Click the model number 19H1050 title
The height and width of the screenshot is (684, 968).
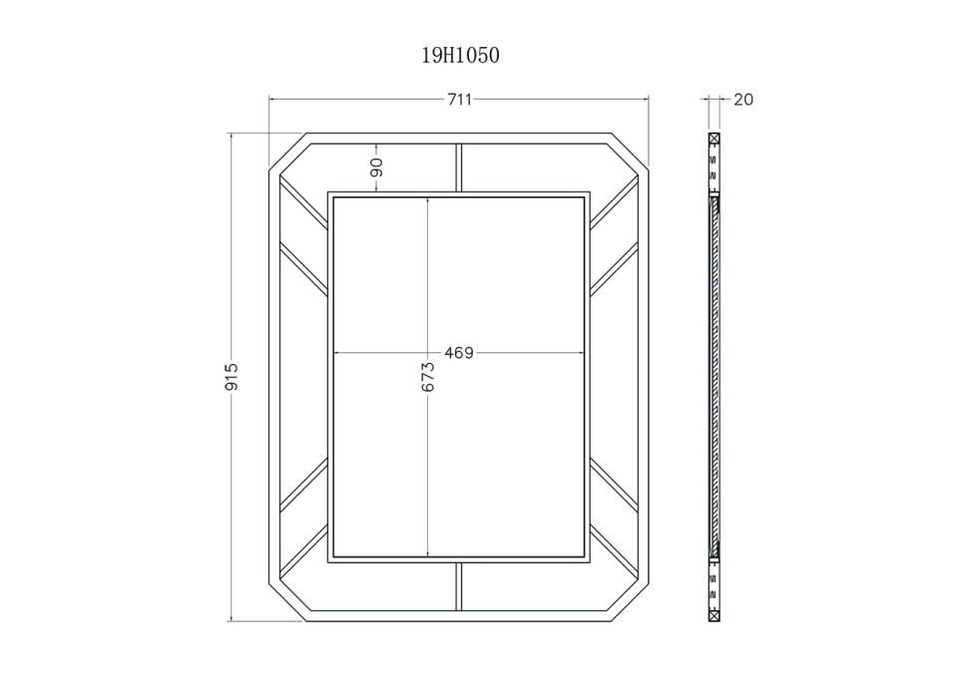pyautogui.click(x=460, y=56)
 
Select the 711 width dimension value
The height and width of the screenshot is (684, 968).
pyautogui.click(x=459, y=100)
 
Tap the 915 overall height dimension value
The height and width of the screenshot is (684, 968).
pyautogui.click(x=232, y=376)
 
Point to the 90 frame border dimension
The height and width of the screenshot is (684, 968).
pyautogui.click(x=376, y=168)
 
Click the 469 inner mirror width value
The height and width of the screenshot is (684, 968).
pyautogui.click(x=459, y=353)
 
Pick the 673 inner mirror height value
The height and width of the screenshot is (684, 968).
pyautogui.click(x=428, y=378)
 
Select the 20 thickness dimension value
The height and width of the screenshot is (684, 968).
pyautogui.click(x=743, y=100)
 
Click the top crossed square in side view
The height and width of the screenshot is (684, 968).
pyautogui.click(x=715, y=139)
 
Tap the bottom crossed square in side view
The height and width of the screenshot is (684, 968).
pyautogui.click(x=715, y=615)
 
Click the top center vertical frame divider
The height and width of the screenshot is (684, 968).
pyautogui.click(x=459, y=168)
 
